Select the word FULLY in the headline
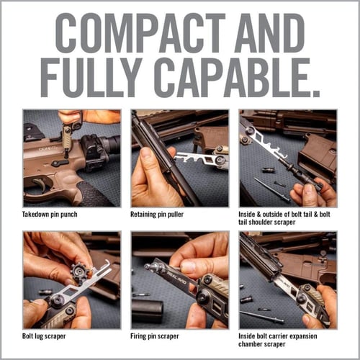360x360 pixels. (91, 77)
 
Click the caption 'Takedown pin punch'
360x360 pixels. (50, 215)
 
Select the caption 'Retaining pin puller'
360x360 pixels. (157, 215)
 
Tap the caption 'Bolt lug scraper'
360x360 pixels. (44, 336)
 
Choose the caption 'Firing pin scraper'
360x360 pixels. (155, 336)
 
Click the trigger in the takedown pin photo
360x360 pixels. (40, 184)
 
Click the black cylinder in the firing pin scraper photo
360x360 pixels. (147, 311)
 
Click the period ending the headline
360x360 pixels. (315, 92)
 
